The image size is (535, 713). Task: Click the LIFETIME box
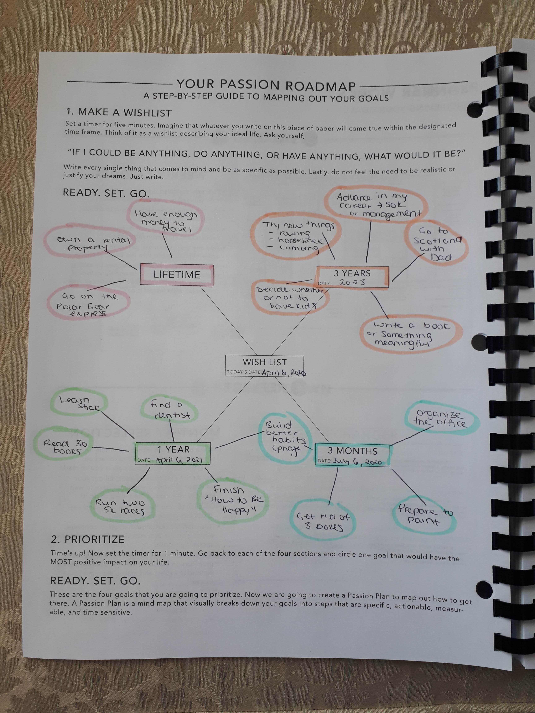point(177,275)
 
